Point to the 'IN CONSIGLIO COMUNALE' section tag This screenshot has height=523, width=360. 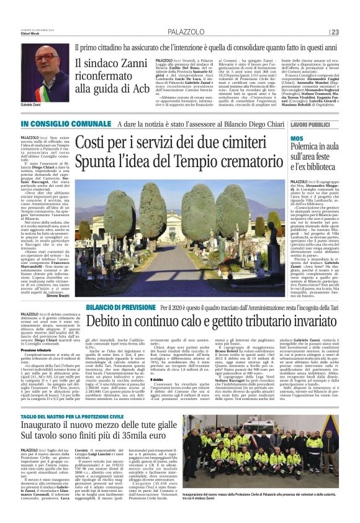click(x=52, y=125)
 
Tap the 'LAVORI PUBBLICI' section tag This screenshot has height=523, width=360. click(x=313, y=126)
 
